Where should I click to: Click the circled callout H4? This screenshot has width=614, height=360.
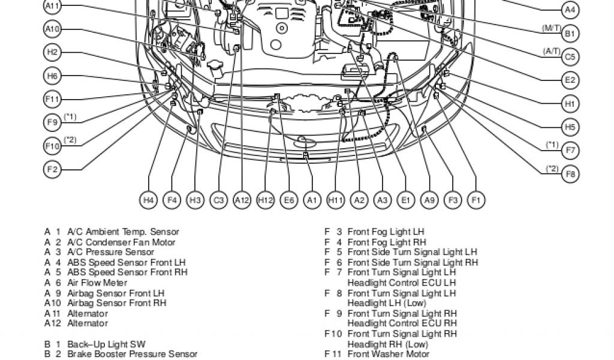(x=149, y=200)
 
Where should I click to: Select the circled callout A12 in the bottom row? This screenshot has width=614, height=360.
(x=242, y=200)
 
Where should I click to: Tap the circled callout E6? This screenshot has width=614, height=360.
(x=288, y=200)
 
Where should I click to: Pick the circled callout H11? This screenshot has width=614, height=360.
(x=335, y=200)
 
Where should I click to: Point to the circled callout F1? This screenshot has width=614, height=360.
(x=475, y=200)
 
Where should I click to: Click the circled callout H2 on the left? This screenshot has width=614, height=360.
(x=53, y=52)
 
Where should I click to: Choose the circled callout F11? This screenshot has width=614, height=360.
(x=53, y=99)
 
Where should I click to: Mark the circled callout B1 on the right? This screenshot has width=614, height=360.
(x=570, y=34)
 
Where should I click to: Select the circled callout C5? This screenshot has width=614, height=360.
(x=570, y=57)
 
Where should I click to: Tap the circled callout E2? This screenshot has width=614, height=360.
(x=570, y=80)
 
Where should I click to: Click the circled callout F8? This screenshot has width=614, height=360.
(x=570, y=174)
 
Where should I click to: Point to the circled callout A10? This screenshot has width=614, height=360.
(x=53, y=29)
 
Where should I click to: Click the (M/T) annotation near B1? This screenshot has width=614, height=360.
(x=551, y=28)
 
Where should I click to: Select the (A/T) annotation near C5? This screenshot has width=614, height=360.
(x=551, y=51)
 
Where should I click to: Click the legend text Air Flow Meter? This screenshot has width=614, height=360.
(x=97, y=283)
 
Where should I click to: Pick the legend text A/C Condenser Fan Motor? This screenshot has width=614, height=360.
(x=121, y=242)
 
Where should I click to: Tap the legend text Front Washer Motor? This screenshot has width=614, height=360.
(x=388, y=354)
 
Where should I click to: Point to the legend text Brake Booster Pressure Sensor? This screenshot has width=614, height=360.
(x=132, y=355)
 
